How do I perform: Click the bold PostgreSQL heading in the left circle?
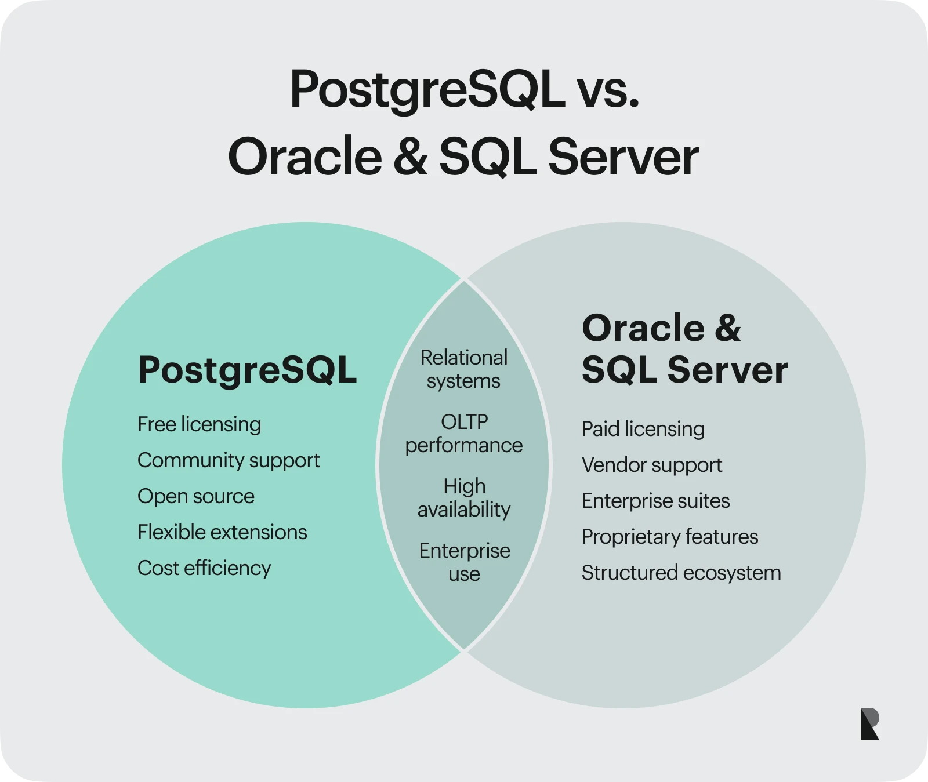[x=247, y=370]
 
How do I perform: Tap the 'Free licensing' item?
[x=199, y=424]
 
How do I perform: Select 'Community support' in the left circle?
[x=229, y=460]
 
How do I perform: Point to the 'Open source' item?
[x=196, y=496]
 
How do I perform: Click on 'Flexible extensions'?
[x=222, y=532]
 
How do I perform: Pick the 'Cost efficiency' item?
[x=204, y=568]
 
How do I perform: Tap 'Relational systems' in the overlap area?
[x=464, y=369]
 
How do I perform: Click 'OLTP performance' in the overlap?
[x=464, y=434]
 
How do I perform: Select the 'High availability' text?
[x=464, y=498]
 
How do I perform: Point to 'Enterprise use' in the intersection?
[x=464, y=562]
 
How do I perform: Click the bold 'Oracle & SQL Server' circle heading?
[x=684, y=349]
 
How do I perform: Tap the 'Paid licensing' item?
[x=643, y=429]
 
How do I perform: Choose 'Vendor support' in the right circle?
[x=652, y=465]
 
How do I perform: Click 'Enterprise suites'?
[x=655, y=501]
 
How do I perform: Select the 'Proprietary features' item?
[x=670, y=537]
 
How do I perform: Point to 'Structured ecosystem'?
[x=681, y=573]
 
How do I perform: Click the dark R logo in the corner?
[x=869, y=723]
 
